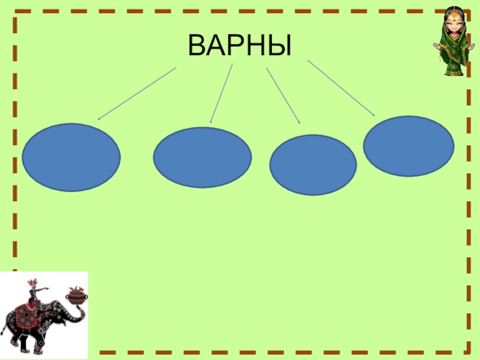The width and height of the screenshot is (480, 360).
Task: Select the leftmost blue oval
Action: click(x=71, y=157)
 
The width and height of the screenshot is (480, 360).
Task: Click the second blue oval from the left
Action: click(x=202, y=157)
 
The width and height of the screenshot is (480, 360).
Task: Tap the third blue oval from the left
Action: click(x=313, y=164)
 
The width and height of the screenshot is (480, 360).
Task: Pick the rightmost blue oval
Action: click(x=409, y=146)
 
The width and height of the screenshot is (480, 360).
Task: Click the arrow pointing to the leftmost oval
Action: click(x=137, y=94)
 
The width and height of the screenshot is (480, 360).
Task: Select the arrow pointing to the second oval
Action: click(x=221, y=94)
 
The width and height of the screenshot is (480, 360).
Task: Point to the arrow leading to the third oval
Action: click(x=283, y=96)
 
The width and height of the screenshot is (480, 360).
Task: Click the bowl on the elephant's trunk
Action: click(x=76, y=295)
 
